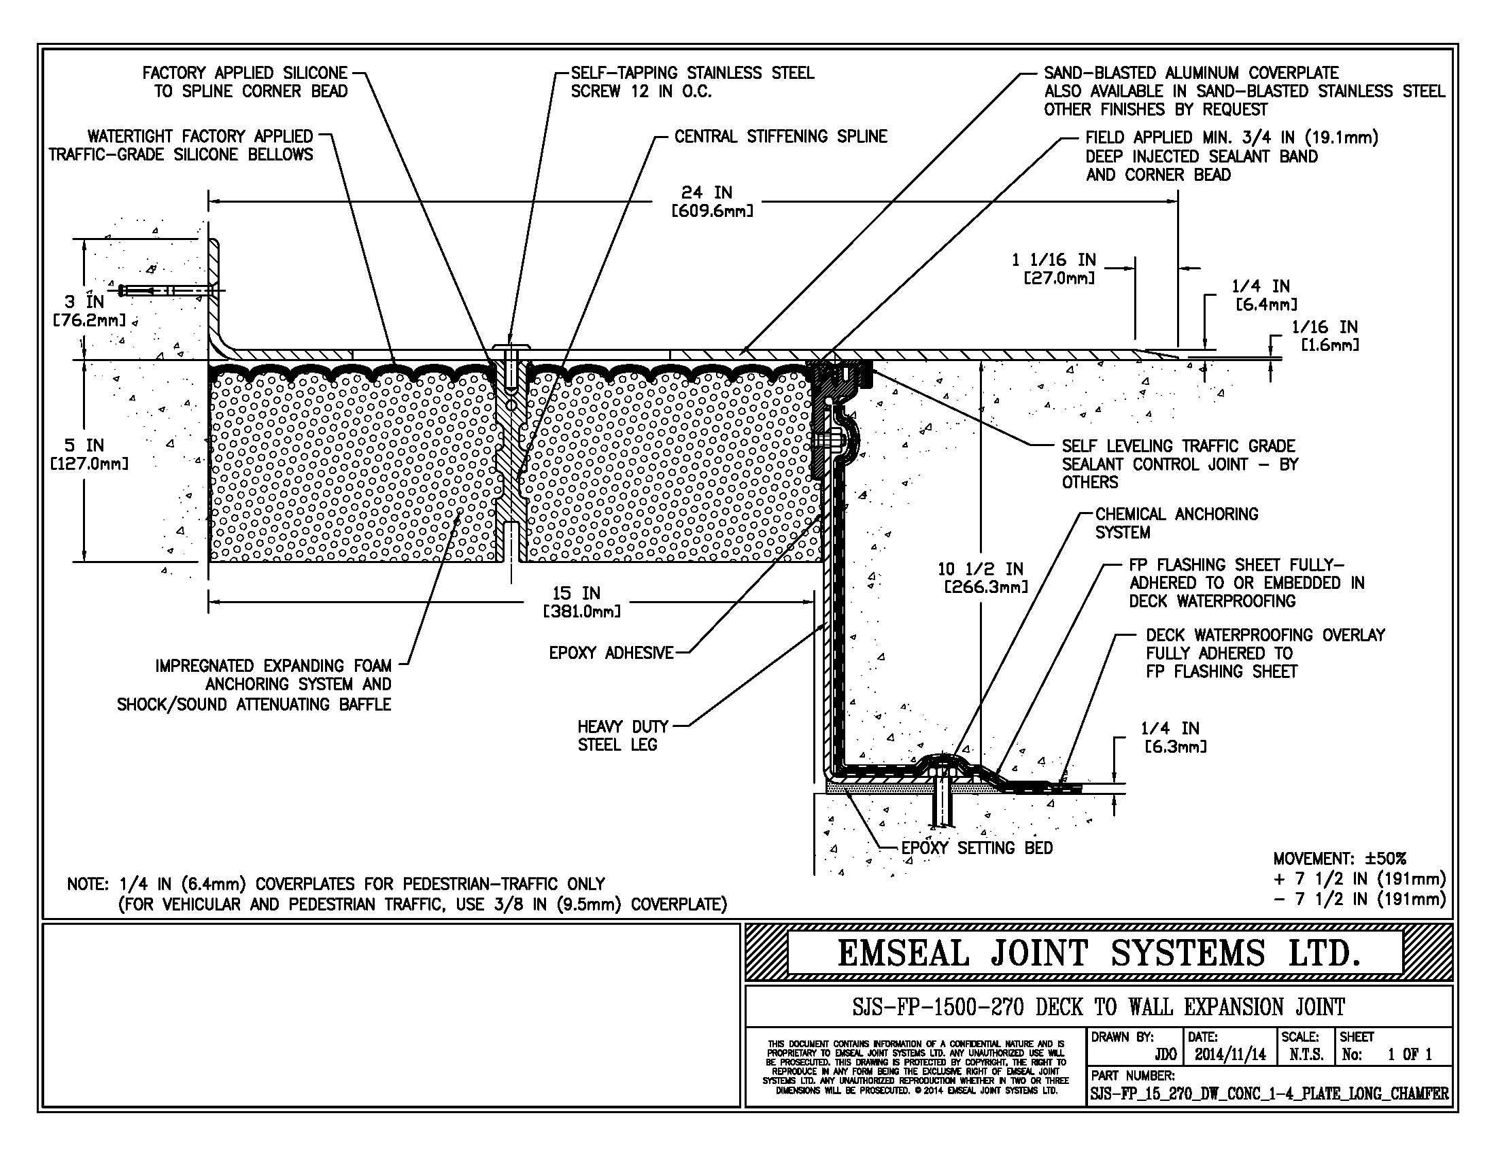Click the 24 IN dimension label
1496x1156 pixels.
click(x=707, y=193)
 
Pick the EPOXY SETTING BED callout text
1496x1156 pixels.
click(x=976, y=848)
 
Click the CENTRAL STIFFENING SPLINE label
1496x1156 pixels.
click(x=780, y=137)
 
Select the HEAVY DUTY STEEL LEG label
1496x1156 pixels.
click(x=622, y=736)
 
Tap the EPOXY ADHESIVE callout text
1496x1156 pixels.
click(x=611, y=653)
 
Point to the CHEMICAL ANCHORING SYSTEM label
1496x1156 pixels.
click(x=1176, y=523)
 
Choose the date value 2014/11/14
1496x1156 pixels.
click(x=1230, y=1055)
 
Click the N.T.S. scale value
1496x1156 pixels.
click(x=1306, y=1055)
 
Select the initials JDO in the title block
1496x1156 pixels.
click(x=1165, y=1055)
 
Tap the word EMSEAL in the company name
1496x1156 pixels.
click(x=904, y=953)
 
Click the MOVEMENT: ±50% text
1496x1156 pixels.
click(x=1339, y=859)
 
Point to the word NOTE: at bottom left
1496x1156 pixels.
click(x=88, y=884)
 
